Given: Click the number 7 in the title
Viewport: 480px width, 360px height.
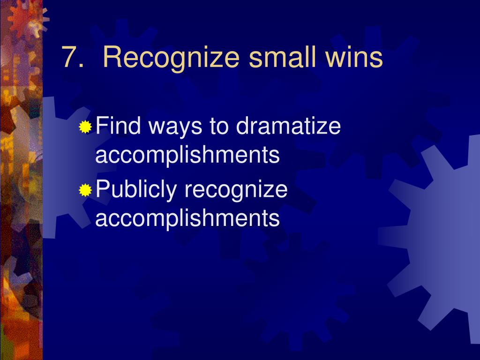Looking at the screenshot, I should pos(69,58).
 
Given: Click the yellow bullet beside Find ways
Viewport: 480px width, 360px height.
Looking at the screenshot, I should pos(85,127).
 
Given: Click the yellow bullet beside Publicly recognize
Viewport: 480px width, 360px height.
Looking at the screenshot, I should pos(85,190).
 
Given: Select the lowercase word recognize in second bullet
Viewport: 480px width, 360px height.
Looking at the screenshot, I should pos(236,190).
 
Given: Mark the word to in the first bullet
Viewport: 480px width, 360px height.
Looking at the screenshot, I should pos(219,127).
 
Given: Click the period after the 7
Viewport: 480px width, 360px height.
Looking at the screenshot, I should pos(80,66).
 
